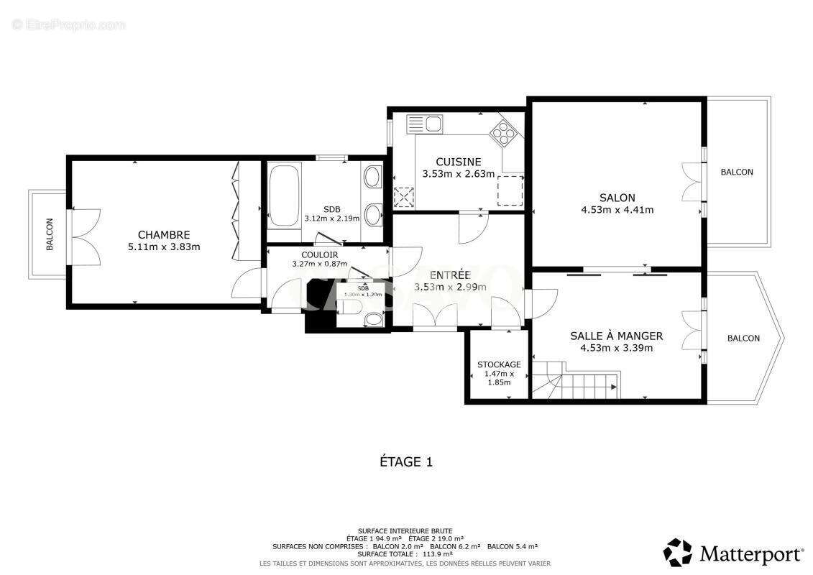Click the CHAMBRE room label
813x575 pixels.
(164, 235)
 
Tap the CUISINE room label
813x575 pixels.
(459, 162)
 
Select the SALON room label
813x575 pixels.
(617, 198)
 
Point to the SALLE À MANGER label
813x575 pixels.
(616, 336)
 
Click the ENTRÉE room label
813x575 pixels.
(450, 275)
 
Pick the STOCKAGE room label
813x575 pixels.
(499, 364)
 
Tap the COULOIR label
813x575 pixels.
(320, 254)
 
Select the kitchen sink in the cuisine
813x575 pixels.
(425, 124)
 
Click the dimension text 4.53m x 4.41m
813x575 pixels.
(617, 210)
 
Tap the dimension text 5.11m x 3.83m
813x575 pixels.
(164, 247)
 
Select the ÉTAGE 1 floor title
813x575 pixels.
(406, 462)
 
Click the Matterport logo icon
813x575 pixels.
(677, 553)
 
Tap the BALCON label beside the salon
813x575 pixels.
(737, 172)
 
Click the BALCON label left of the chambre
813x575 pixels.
(50, 235)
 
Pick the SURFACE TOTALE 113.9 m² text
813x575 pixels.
(406, 554)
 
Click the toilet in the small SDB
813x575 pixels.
(350, 308)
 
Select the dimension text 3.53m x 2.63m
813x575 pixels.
(459, 174)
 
